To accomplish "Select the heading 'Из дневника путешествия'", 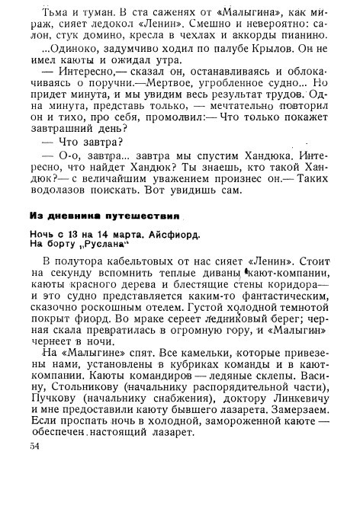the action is click(104, 216).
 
